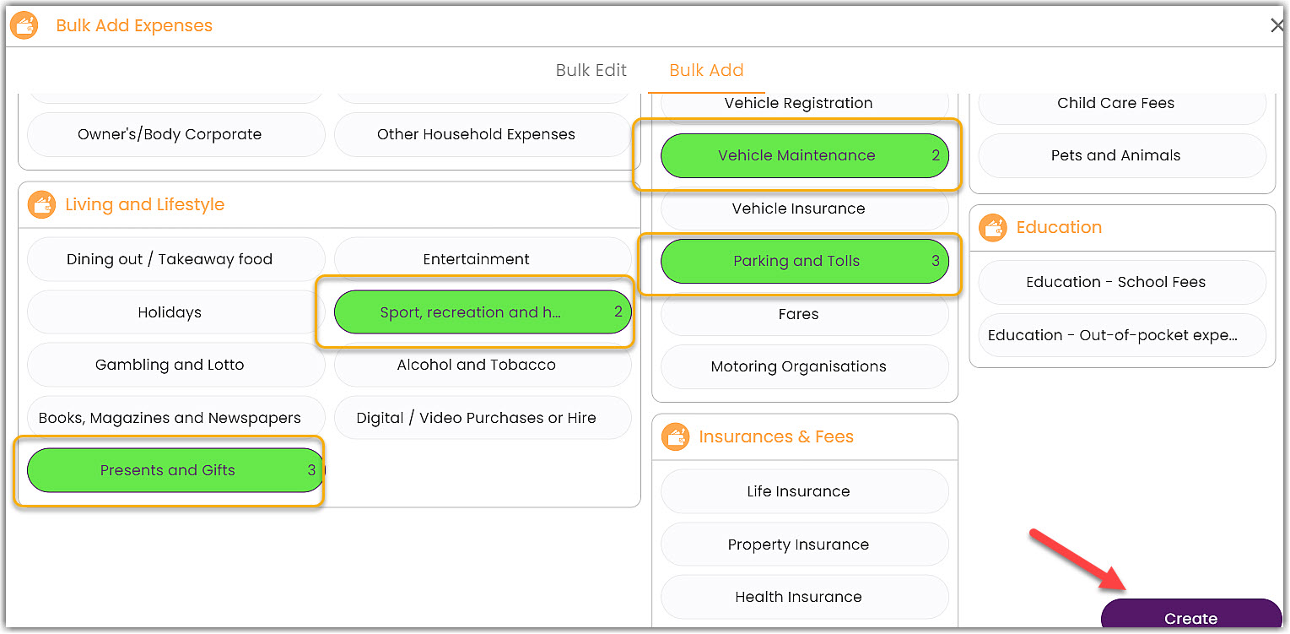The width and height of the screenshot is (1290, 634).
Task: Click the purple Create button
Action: [1190, 616]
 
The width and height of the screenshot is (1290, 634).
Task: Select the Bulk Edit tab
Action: [591, 70]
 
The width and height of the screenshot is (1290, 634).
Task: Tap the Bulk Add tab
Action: [706, 70]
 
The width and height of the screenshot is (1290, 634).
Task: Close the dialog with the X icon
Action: [1277, 26]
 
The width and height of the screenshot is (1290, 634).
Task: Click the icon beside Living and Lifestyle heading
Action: [41, 204]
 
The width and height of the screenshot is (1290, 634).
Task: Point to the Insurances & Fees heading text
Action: [776, 436]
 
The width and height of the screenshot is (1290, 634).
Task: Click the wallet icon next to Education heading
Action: [993, 227]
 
